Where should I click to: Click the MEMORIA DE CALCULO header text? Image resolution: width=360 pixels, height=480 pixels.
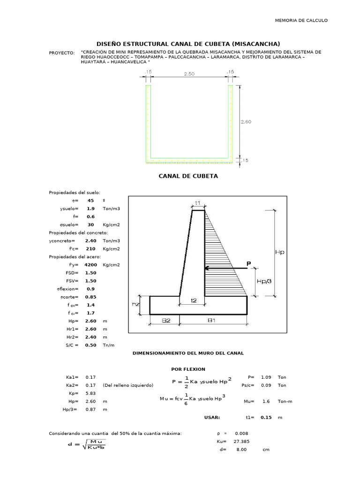(301, 21)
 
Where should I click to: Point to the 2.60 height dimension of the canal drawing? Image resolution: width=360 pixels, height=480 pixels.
(246, 122)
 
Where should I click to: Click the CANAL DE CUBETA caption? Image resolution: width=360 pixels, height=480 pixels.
(188, 176)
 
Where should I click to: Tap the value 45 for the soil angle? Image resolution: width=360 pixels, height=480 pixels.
(90, 201)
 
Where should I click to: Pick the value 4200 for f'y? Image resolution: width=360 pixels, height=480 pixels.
(90, 265)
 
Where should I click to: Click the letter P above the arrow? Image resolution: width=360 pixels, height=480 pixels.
(249, 264)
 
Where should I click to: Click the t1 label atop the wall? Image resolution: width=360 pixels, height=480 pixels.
(198, 203)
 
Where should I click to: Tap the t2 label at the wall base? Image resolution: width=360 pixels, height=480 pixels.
(193, 300)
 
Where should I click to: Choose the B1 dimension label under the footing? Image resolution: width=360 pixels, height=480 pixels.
(212, 321)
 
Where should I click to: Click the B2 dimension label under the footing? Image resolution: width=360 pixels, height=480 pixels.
(165, 321)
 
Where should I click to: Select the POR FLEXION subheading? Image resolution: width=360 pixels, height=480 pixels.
(188, 369)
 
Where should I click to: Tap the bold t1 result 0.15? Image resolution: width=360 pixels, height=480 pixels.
(266, 417)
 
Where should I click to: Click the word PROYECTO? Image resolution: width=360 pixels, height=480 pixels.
(62, 52)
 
